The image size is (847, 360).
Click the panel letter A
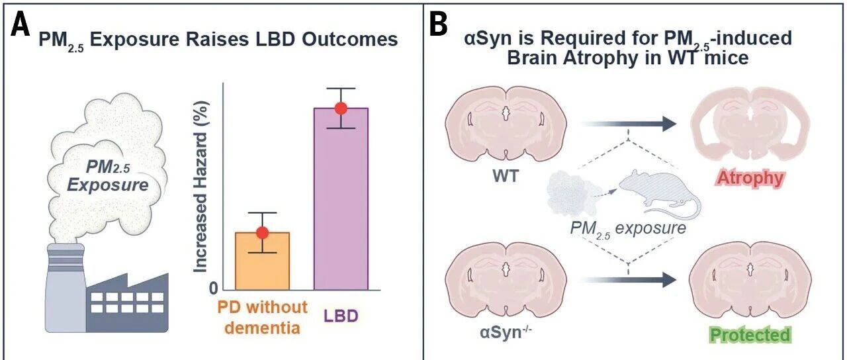tap(21, 26)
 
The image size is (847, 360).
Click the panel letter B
tap(439, 26)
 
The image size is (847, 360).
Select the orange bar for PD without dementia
tap(263, 262)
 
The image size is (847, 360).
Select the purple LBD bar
tap(341, 199)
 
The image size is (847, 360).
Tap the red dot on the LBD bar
tap(341, 108)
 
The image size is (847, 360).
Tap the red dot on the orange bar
tap(263, 232)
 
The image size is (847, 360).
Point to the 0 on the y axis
tap(213, 289)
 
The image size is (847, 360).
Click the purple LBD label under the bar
tap(341, 316)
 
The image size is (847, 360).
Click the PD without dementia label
tap(263, 316)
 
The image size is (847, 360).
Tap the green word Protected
tap(750, 334)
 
